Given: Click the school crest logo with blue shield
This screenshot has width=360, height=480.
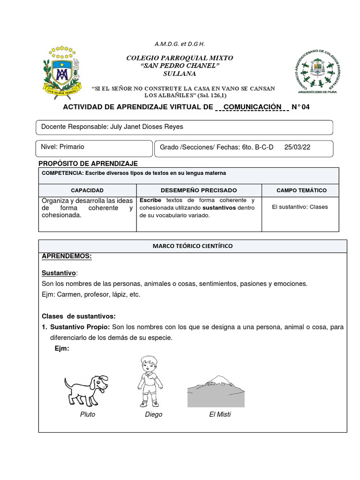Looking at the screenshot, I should click(63, 72).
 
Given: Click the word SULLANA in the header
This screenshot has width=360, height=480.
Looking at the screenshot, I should click(180, 74).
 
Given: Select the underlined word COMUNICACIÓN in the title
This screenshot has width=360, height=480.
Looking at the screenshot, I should click(253, 107).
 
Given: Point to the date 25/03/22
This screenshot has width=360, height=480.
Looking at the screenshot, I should click(297, 147).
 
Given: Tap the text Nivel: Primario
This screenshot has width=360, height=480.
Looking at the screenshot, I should click(63, 147).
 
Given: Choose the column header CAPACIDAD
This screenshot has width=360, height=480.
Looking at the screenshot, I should click(87, 190).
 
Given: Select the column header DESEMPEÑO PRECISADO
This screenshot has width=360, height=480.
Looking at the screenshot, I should click(199, 190).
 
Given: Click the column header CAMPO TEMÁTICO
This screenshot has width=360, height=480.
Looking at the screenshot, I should click(301, 190).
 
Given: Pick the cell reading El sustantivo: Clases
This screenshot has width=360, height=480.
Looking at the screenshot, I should click(300, 207).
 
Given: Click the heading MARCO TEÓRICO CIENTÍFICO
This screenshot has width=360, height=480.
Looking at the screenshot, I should click(192, 246).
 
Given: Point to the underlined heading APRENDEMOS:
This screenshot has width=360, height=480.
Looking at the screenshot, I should click(67, 256).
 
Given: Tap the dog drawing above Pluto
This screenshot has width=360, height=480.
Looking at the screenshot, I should click(86, 389).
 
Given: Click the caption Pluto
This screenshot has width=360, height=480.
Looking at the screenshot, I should click(88, 414).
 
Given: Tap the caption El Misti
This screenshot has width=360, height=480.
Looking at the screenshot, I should click(220, 414).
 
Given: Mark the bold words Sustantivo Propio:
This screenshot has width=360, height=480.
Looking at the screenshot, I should click(80, 327).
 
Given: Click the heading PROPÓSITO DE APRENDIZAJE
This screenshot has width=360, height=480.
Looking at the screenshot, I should click(88, 164).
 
